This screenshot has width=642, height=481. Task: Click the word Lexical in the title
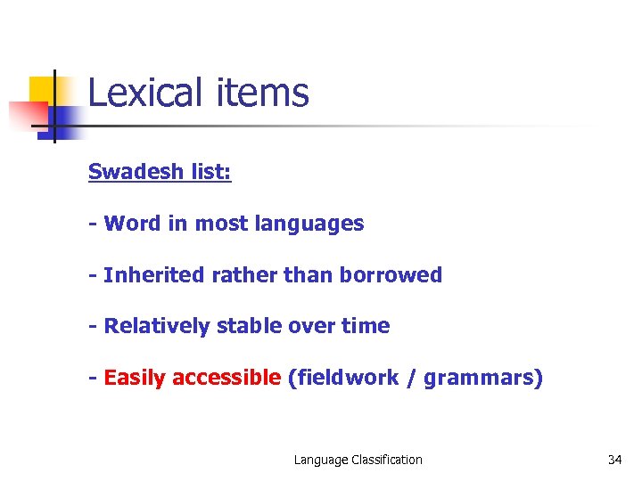tap(145, 93)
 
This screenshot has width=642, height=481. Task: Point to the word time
tap(366, 326)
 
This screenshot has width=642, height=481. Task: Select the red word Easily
tap(135, 379)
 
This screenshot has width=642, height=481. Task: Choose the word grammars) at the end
tap(482, 379)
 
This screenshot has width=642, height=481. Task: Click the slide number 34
tap(614, 460)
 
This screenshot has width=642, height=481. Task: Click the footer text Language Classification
tap(358, 460)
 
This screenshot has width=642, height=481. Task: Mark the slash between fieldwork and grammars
tap(410, 378)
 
